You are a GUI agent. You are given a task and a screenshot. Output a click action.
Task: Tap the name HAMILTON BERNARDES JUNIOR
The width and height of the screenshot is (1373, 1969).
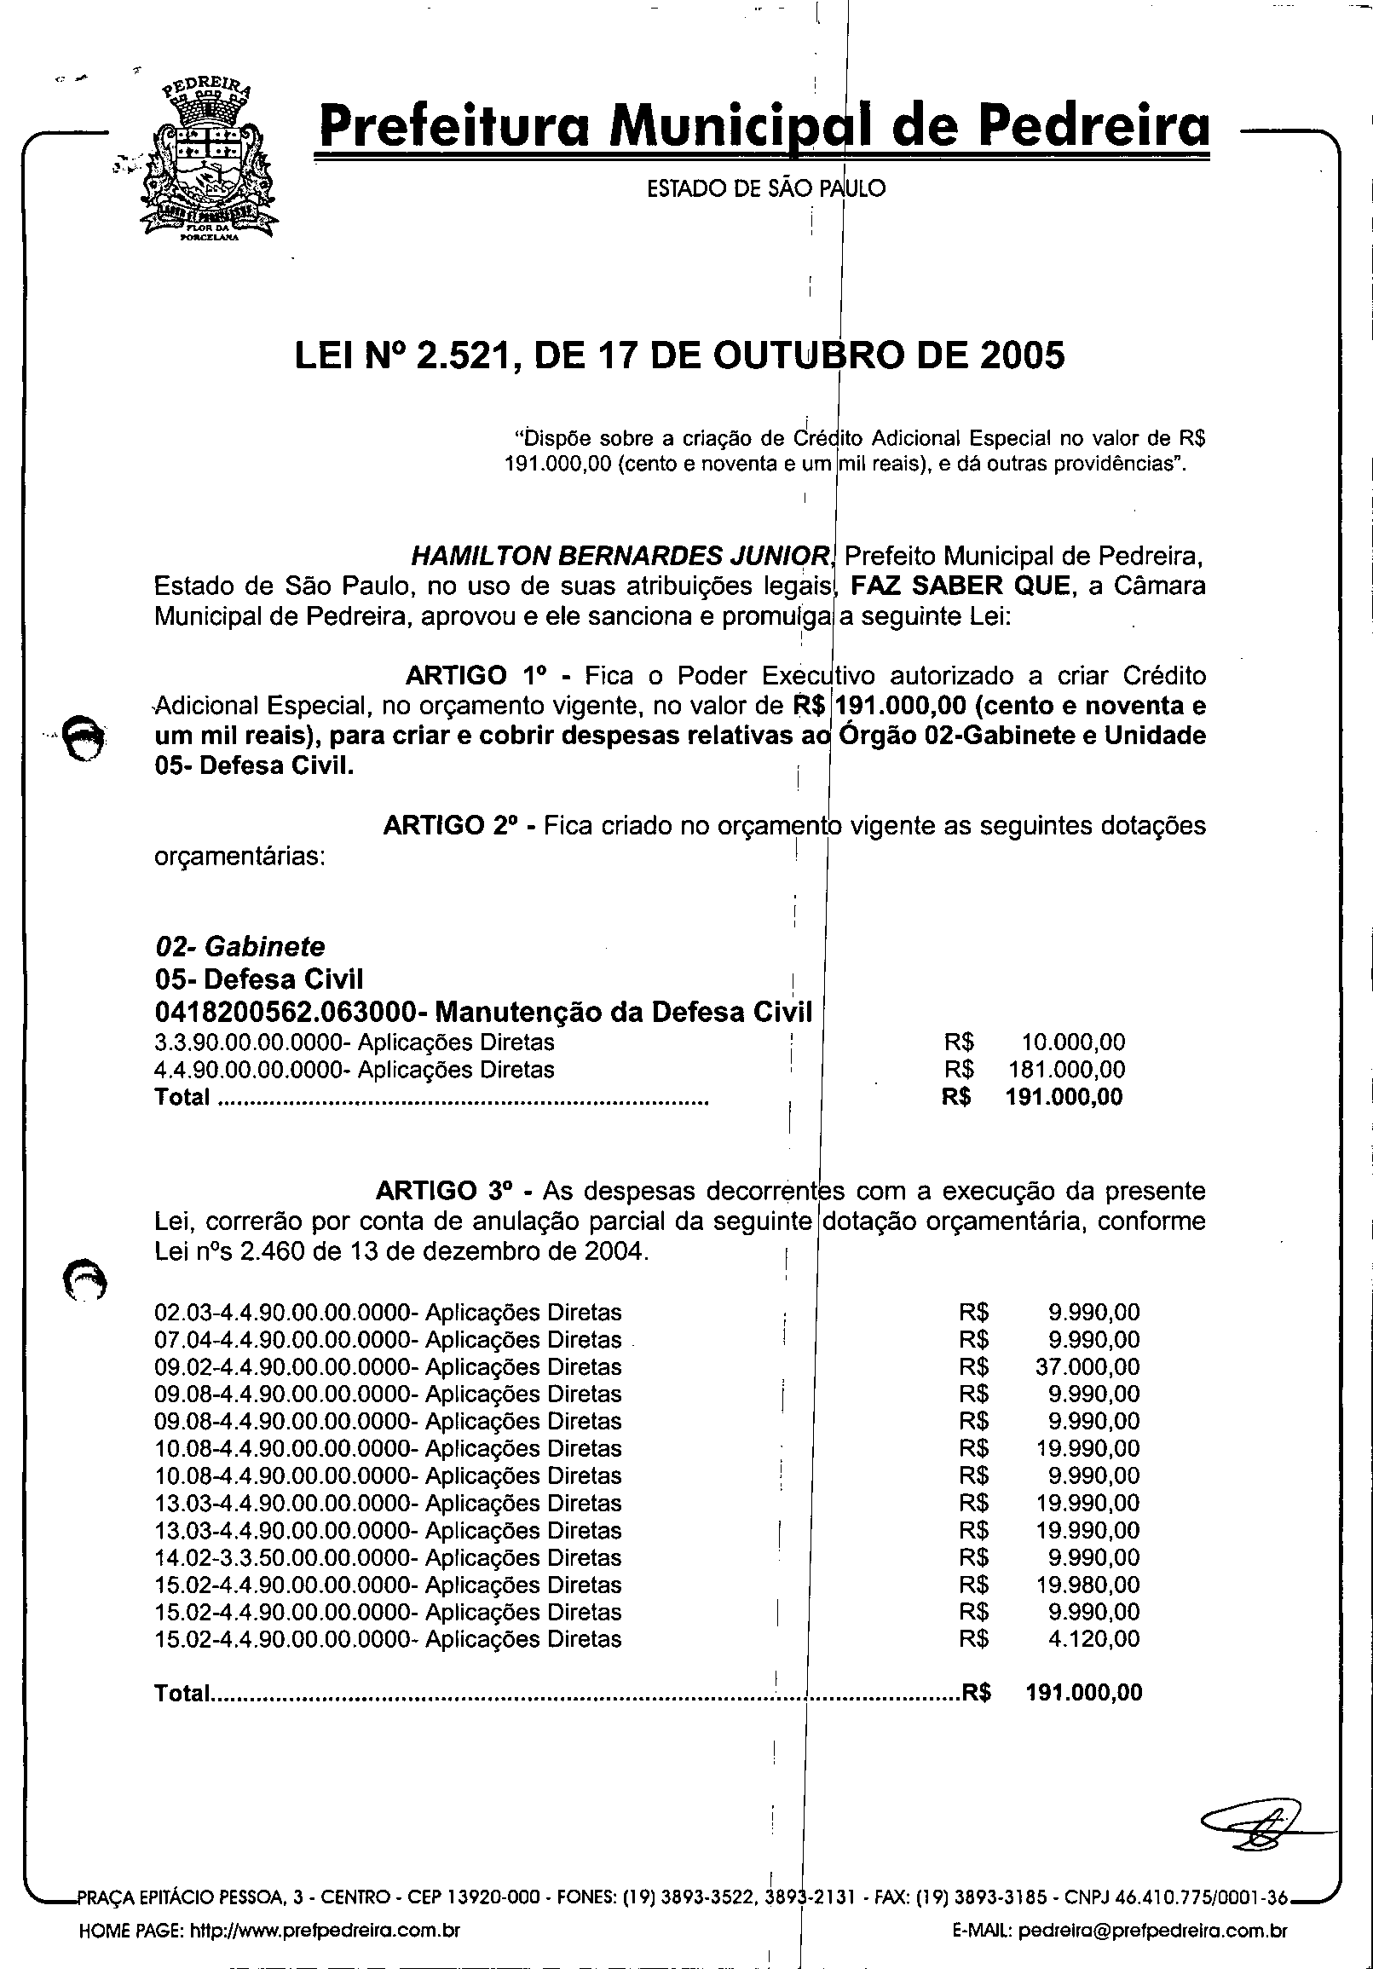pos(621,557)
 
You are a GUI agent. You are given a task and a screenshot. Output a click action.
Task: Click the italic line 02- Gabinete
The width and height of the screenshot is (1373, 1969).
pos(240,947)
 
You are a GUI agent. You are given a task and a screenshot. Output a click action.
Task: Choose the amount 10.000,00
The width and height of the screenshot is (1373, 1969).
pos(1072,1042)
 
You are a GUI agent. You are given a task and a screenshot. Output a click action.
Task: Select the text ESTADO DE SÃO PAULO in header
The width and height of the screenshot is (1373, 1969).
pos(766,188)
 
